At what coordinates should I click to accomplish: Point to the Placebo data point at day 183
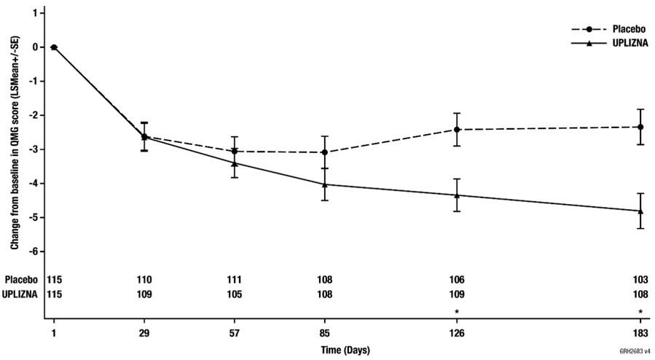coord(640,127)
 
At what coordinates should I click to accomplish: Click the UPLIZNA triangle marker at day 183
coord(640,211)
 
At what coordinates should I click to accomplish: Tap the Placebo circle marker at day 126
coord(457,130)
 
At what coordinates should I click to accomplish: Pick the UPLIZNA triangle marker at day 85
coord(324,184)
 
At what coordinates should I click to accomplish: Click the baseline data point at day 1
coord(53,47)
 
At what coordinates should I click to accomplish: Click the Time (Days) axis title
coord(346,349)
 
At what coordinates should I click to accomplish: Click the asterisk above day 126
coord(457,312)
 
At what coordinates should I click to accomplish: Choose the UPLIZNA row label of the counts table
coord(23,295)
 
